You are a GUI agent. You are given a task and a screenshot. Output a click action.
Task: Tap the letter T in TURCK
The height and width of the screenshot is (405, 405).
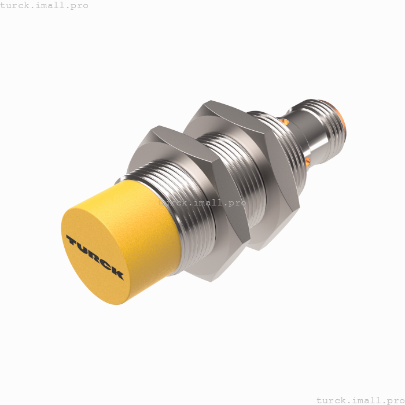tap(72, 241)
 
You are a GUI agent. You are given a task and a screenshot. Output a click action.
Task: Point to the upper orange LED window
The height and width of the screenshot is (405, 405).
tap(284, 122)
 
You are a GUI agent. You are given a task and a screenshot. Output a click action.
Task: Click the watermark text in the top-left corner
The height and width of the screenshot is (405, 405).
tap(44, 5)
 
